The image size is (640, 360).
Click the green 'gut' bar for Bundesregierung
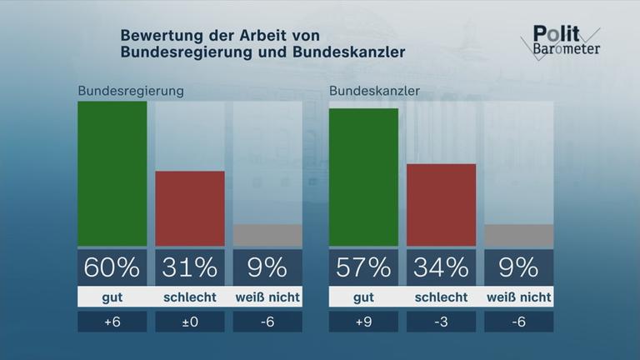coord(112,174)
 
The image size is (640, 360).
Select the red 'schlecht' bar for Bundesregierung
coord(190,208)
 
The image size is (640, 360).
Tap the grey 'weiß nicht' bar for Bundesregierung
coord(267,235)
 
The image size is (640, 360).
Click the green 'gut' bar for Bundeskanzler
coord(363,177)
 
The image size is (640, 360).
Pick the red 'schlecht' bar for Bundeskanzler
coord(441,205)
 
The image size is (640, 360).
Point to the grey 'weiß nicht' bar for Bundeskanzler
coord(518,235)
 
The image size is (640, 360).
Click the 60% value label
coord(112,267)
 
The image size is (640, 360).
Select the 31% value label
coord(190,267)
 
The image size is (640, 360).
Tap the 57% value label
coord(363,267)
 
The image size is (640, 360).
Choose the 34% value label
coord(441,267)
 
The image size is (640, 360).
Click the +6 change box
coord(112,322)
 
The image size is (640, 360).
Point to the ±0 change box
coord(190,322)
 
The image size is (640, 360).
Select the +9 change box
coord(363,322)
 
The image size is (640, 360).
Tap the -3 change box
coord(441,322)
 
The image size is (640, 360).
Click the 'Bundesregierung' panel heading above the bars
coord(131,90)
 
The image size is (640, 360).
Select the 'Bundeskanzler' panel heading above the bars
coord(374,90)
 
